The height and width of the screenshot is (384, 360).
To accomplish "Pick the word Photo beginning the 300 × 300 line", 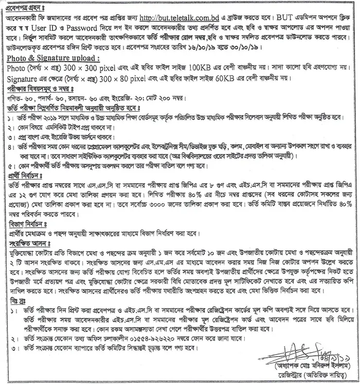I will click(x=16, y=67).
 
